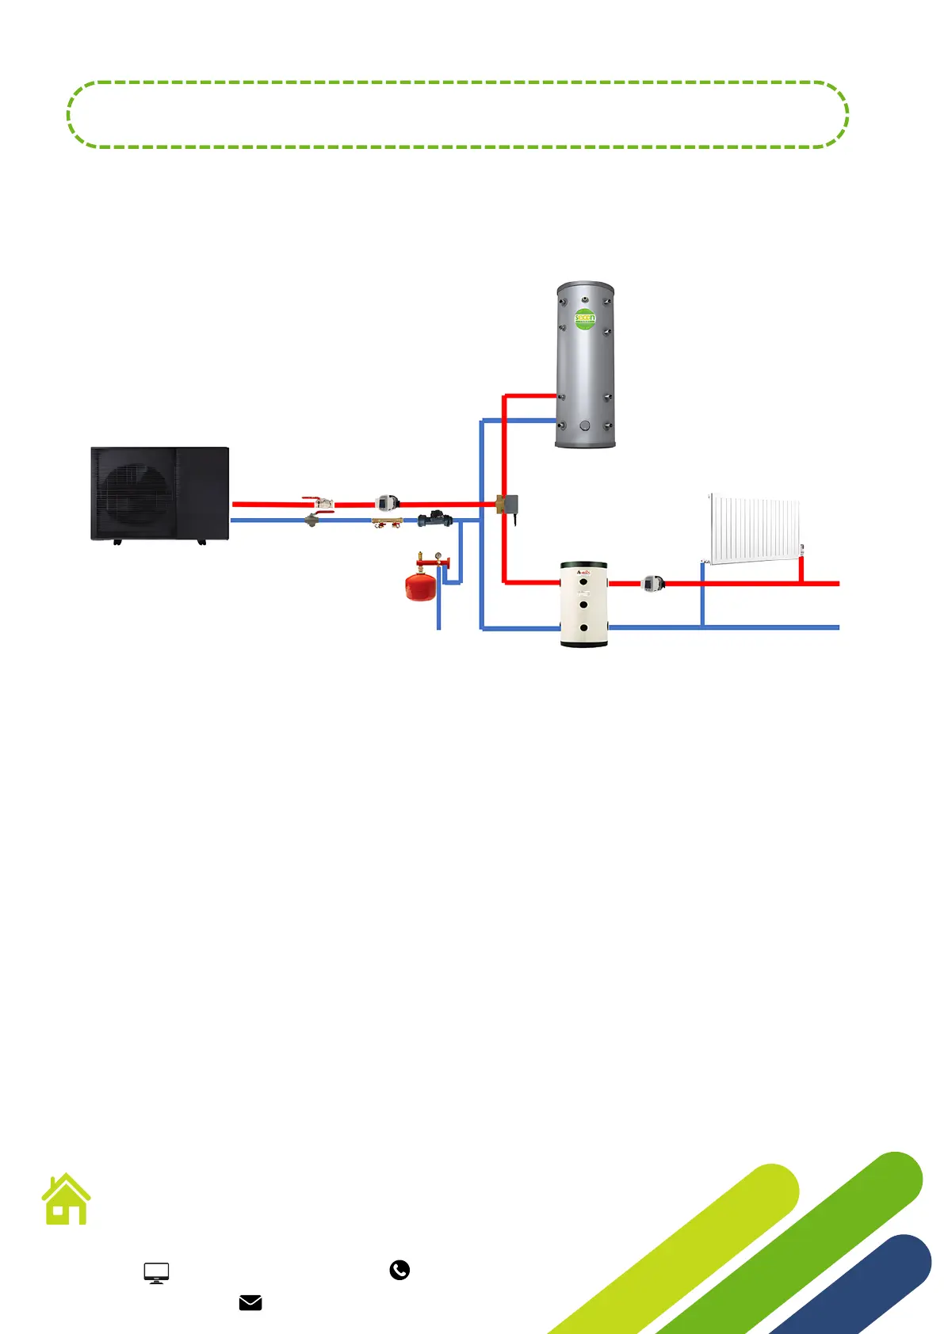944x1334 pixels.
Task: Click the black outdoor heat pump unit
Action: (x=160, y=494)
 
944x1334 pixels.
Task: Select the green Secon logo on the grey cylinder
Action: (x=585, y=319)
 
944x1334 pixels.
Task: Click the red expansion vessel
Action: (x=421, y=585)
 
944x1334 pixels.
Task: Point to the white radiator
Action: (x=755, y=529)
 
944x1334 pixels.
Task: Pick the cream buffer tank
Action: (x=584, y=604)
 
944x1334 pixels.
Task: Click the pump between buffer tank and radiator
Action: (x=652, y=584)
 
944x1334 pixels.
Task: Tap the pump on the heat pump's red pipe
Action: (x=387, y=503)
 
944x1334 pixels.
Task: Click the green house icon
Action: (x=67, y=1199)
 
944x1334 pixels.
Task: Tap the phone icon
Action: (x=399, y=1270)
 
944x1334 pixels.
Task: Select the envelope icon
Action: (x=250, y=1302)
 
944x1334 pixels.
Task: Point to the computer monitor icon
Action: (x=156, y=1272)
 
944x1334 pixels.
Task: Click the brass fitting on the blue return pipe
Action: (x=388, y=521)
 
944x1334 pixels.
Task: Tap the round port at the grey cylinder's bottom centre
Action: (x=585, y=425)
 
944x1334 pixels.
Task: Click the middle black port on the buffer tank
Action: (x=584, y=604)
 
